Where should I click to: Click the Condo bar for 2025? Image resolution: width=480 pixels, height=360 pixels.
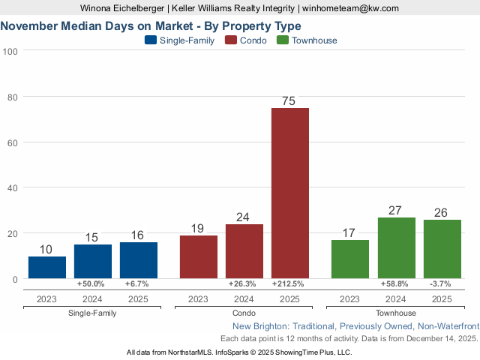click(289, 193)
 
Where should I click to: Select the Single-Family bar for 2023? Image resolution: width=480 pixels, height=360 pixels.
click(47, 267)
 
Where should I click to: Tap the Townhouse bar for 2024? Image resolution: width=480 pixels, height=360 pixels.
click(396, 247)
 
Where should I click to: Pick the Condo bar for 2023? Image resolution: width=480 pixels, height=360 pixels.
click(199, 256)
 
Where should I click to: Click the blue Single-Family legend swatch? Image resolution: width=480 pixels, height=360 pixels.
click(150, 40)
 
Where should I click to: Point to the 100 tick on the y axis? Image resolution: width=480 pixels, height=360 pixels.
click(10, 51)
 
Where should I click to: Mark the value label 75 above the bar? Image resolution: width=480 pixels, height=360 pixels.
click(289, 100)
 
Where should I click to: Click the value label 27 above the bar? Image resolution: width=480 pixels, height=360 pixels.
click(396, 210)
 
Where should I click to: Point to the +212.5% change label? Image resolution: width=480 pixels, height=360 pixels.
click(289, 284)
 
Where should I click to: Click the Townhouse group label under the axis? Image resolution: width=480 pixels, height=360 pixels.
click(396, 313)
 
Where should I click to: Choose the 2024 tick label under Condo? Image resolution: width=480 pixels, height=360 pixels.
click(244, 298)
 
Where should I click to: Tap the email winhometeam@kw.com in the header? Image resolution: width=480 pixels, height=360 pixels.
click(351, 8)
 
